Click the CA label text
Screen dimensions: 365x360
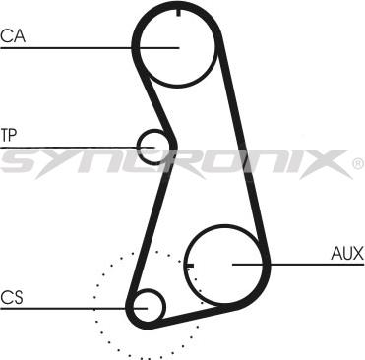point(13,36)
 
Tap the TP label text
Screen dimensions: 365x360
point(10,134)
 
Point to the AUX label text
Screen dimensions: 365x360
point(347,253)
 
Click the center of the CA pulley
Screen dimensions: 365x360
point(176,45)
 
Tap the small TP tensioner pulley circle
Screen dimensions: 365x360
point(153,147)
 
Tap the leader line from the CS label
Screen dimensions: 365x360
point(69,306)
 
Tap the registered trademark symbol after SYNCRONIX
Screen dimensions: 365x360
point(356,164)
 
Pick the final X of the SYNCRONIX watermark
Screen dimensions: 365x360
point(329,161)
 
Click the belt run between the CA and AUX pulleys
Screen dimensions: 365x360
point(242,138)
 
